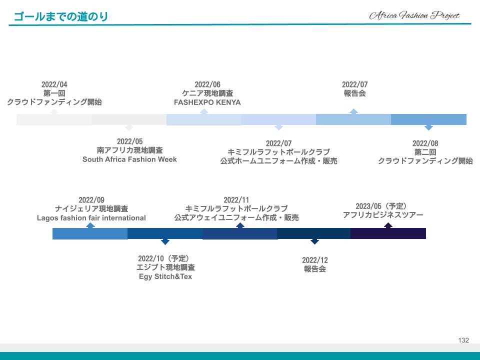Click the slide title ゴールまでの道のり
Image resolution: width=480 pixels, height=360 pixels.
61,16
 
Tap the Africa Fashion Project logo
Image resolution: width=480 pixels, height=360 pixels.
414,15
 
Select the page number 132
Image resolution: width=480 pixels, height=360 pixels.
463,340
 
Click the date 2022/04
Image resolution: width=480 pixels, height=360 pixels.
54,84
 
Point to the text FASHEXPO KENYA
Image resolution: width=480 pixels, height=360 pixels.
207,102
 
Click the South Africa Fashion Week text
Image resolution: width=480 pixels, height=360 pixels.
129,159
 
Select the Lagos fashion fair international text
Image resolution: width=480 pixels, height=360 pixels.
91,218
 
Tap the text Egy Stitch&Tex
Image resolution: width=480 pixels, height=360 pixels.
165,276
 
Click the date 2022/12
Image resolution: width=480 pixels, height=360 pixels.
315,260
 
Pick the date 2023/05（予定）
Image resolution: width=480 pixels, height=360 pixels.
382,206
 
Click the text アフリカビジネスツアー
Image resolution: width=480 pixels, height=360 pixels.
383,215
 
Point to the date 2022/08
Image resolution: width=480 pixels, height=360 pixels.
425,143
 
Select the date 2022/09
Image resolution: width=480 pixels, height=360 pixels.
91,200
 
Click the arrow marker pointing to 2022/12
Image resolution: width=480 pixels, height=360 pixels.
314,241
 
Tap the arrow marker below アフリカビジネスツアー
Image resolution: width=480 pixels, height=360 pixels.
388,225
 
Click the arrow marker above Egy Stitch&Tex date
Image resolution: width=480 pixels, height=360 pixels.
165,241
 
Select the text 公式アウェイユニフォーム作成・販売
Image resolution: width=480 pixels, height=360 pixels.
236,218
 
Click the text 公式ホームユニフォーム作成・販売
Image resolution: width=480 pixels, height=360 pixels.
278,161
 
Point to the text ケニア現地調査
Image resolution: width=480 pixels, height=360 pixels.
207,93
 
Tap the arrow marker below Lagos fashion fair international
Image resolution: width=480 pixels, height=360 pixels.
90,225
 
